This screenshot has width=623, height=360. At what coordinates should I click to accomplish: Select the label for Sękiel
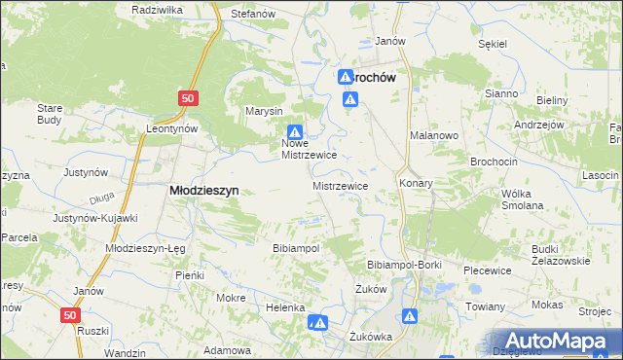tap(495, 44)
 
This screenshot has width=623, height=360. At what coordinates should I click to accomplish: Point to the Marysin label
tap(264, 110)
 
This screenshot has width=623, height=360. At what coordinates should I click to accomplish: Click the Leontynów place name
tap(171, 128)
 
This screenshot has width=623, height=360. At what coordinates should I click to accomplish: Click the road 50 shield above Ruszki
tap(68, 315)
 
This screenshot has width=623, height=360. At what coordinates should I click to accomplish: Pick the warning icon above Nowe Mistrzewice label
tap(295, 132)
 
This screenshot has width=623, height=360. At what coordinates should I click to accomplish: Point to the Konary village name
tap(416, 182)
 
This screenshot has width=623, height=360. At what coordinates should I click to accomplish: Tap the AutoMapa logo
tap(558, 341)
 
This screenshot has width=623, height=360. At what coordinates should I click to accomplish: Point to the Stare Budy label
tap(50, 114)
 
